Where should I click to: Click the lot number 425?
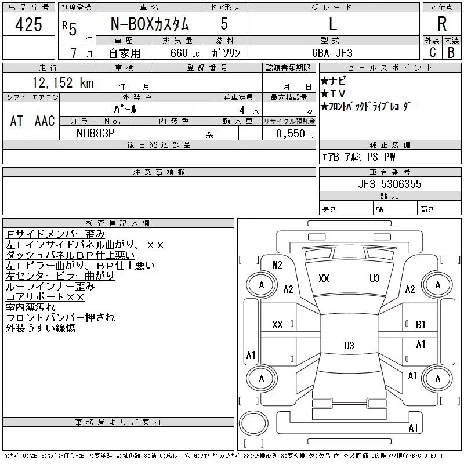tap(28, 24)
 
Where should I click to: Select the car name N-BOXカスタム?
tap(150, 24)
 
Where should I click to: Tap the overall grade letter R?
tap(442, 24)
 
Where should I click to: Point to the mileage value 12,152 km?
tap(63, 82)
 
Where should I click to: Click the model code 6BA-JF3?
tap(332, 53)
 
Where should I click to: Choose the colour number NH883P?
tap(96, 133)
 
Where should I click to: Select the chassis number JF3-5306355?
tap(389, 184)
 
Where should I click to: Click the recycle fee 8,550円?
tap(295, 134)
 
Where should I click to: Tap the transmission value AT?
tap(16, 121)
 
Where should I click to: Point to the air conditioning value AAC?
tap(45, 121)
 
